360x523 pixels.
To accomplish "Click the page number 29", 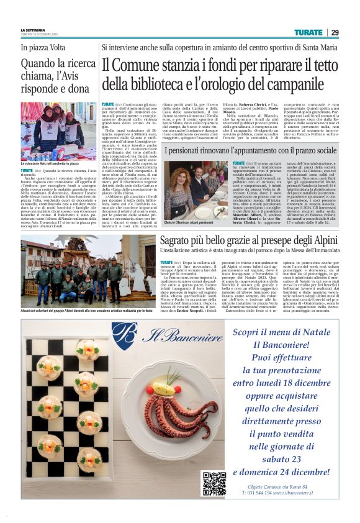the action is click(x=335, y=32).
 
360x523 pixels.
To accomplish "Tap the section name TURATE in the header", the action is click(x=308, y=32).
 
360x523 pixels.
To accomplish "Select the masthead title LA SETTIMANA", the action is click(x=34, y=30).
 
